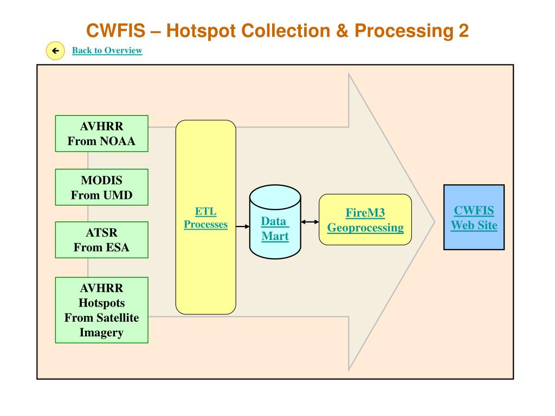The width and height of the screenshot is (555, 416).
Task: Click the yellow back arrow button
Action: coord(55,50)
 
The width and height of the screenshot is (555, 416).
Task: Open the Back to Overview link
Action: coord(107,50)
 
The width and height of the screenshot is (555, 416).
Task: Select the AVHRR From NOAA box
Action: coord(101,134)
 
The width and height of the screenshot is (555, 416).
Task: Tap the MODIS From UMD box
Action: coord(101,187)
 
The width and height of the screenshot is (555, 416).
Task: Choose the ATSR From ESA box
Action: coord(101,240)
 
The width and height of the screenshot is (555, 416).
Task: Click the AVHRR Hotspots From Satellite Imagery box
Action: coord(101,310)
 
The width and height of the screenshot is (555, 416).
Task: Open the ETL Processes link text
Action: coord(205,218)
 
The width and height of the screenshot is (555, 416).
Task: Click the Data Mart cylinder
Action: coord(275,222)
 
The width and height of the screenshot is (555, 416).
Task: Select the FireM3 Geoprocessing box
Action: coord(365,220)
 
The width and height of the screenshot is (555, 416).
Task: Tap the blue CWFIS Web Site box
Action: coord(474,217)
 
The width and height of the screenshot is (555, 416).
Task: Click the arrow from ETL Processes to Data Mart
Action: coord(243,226)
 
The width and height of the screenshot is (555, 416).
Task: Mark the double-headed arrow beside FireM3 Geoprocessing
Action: coord(309,222)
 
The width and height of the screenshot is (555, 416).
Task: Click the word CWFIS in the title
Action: coord(116,31)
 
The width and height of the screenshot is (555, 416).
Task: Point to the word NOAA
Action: coord(118,141)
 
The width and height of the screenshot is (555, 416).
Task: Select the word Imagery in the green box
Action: coord(101,333)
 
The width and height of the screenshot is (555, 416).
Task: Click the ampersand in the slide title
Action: coord(343,31)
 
